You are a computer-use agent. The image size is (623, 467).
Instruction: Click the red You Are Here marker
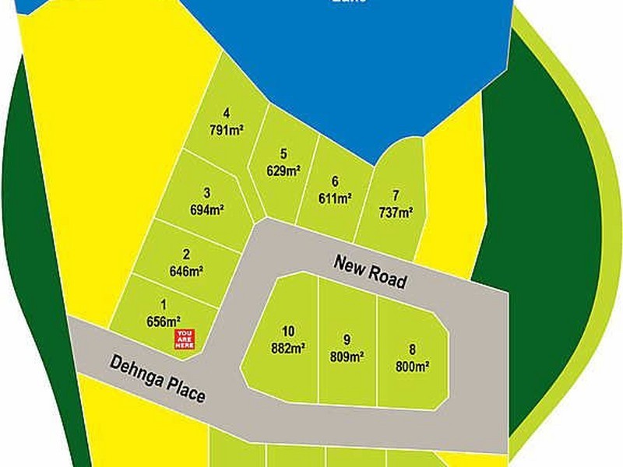185,339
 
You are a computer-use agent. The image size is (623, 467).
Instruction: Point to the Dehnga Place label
158,379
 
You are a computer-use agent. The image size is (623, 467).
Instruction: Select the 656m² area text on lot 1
164,319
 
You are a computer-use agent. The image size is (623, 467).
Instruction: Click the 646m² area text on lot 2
186,272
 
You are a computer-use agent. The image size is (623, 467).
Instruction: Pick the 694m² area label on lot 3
207,209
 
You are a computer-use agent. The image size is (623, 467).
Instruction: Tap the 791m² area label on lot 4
227,130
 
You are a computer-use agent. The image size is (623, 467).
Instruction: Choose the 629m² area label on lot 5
283,170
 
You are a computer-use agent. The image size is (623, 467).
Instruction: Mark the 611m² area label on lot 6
335,198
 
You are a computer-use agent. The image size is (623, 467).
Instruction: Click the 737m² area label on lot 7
396,212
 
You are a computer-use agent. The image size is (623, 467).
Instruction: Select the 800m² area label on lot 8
414,364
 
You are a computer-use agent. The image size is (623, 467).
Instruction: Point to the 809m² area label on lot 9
347,357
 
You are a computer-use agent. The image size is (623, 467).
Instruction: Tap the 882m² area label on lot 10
287,348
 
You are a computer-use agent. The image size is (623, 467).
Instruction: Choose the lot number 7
396,195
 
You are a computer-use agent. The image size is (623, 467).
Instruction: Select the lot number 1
164,304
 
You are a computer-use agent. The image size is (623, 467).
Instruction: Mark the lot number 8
413,348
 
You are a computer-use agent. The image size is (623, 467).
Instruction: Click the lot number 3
207,193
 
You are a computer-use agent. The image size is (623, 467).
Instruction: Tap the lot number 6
335,181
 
